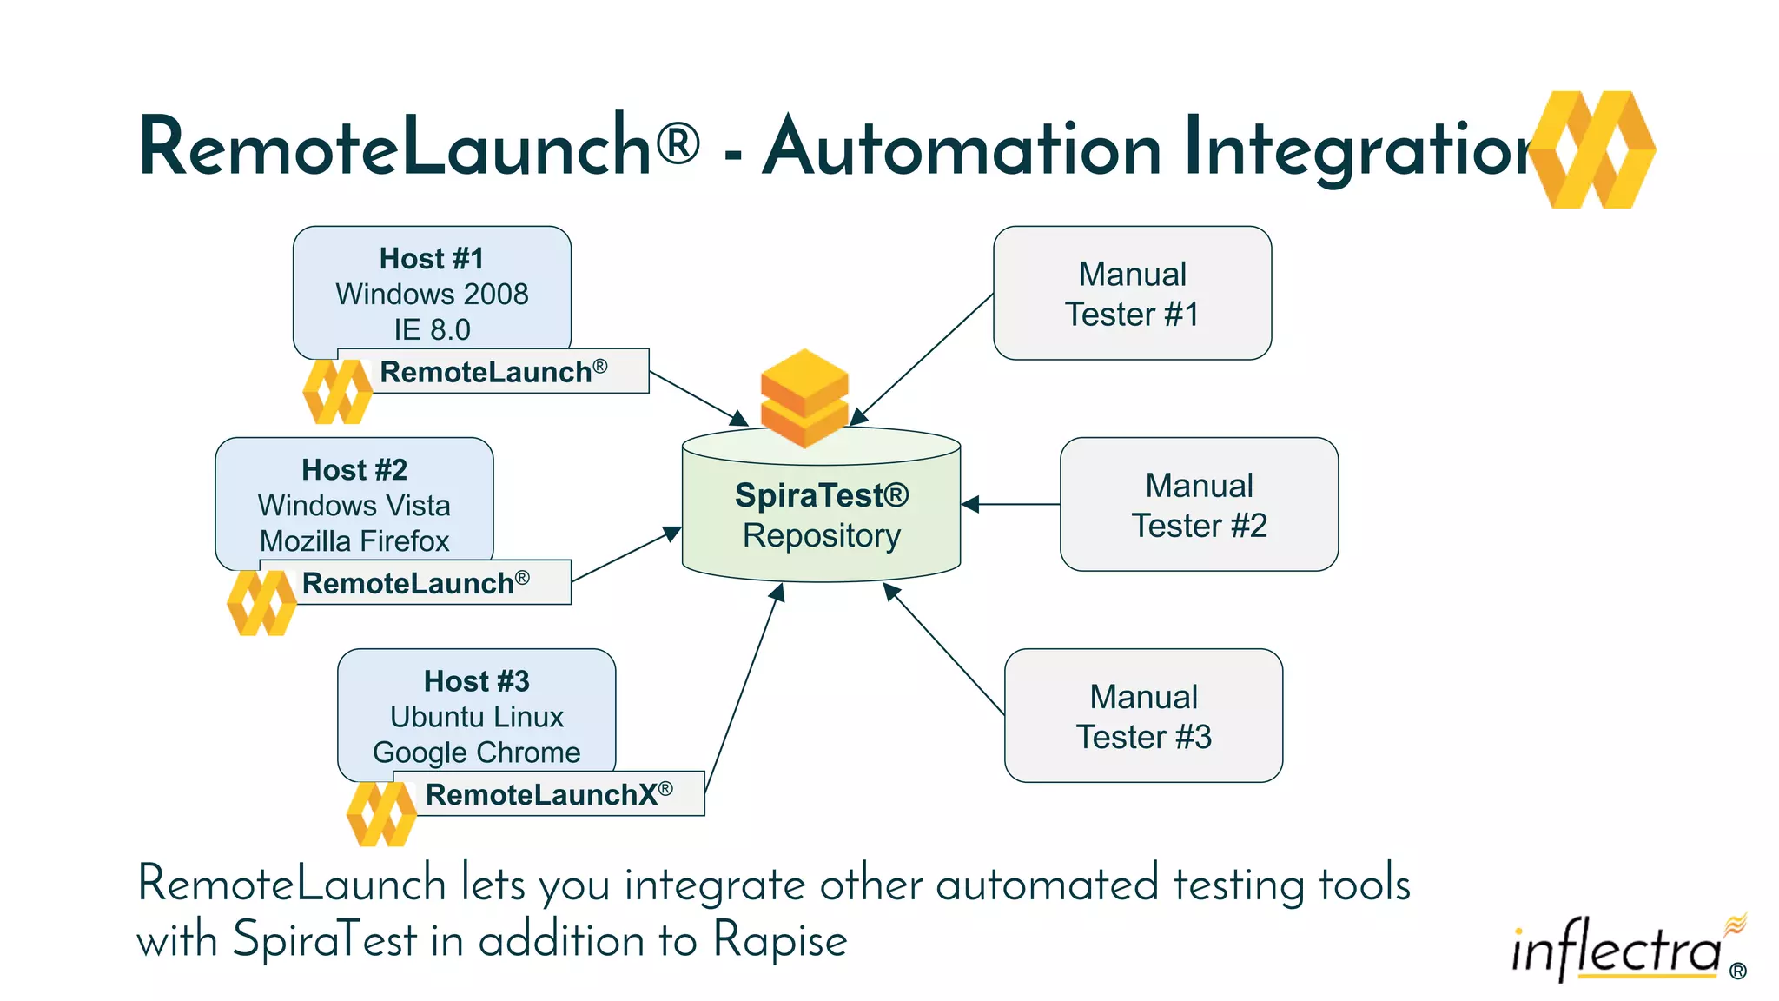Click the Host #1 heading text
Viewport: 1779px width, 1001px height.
(x=432, y=259)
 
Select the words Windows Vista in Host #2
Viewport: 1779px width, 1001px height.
(x=354, y=506)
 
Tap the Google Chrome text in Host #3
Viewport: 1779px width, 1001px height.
(x=476, y=752)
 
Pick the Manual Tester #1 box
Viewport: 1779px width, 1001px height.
(x=1132, y=294)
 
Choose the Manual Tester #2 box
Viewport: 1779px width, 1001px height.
(x=1199, y=505)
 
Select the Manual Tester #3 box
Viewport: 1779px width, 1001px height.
(x=1143, y=716)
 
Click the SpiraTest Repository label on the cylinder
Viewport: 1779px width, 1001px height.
(x=822, y=515)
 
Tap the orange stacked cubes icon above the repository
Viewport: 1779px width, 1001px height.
(x=804, y=398)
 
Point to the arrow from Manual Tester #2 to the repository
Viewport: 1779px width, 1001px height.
(x=1012, y=504)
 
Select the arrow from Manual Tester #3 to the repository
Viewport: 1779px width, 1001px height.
(x=944, y=650)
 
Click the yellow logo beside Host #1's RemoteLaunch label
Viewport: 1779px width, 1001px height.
(x=337, y=392)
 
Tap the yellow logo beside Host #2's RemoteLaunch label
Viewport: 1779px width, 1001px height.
(x=261, y=603)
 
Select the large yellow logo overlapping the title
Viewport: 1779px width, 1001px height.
(x=1593, y=149)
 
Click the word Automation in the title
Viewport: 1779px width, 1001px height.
(x=962, y=148)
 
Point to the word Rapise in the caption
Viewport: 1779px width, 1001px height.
(x=779, y=941)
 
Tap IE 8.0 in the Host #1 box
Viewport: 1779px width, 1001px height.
(x=432, y=330)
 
